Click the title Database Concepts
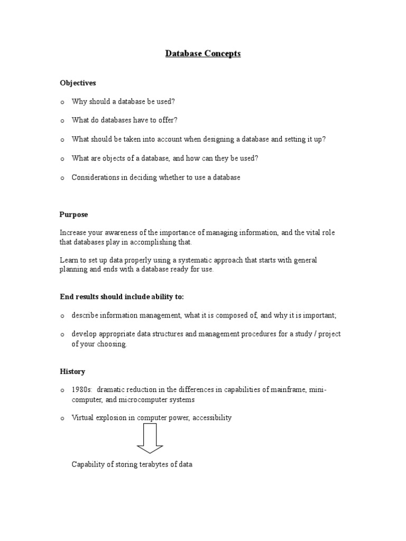[x=203, y=53]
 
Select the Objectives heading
[x=78, y=83]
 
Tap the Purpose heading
[x=74, y=214]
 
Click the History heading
[x=72, y=371]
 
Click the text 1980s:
[x=82, y=390]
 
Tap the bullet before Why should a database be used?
[x=62, y=102]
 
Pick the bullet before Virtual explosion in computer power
[x=62, y=418]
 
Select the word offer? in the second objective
[x=167, y=120]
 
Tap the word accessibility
[x=212, y=418]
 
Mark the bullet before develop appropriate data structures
[x=62, y=334]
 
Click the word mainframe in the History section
[x=290, y=390]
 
